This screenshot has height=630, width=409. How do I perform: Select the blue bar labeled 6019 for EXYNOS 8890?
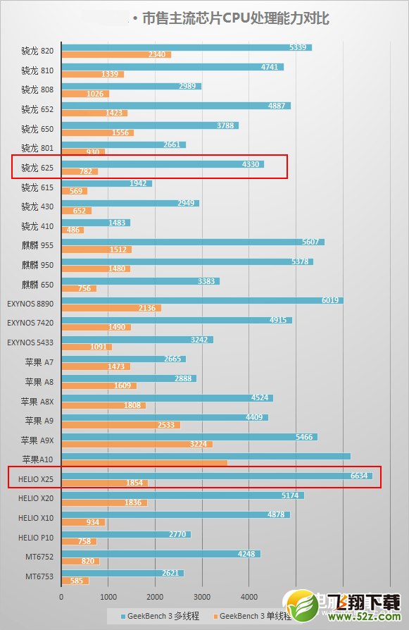point(202,300)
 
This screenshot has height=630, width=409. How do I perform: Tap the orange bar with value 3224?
point(137,444)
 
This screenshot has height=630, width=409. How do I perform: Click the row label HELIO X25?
point(32,478)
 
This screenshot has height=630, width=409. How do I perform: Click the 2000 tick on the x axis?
point(155,596)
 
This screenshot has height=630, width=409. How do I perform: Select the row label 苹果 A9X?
point(38,440)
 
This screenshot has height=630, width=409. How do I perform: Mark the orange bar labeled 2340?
point(116,54)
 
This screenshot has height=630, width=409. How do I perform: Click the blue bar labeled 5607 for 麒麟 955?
point(193,241)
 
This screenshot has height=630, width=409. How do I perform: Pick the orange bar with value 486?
point(73,230)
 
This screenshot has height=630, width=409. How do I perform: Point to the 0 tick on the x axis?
point(61,596)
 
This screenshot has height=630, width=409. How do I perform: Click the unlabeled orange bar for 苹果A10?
point(144,463)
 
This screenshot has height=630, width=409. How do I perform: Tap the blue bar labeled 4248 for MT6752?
point(161,553)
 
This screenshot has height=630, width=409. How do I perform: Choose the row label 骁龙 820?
point(37,51)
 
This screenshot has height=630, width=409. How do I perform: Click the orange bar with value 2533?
point(120,424)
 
